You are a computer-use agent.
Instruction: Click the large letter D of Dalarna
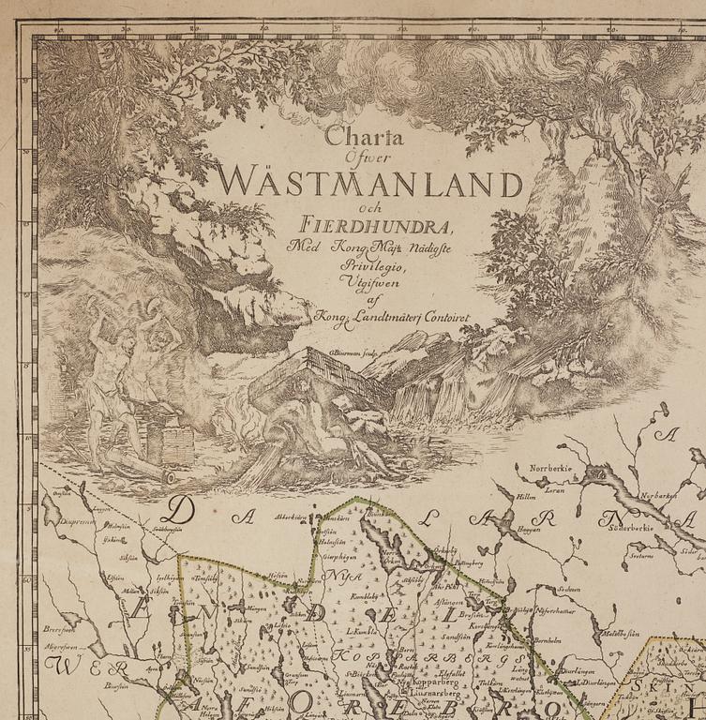coord(182,511)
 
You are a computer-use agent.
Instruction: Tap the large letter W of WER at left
coord(61,667)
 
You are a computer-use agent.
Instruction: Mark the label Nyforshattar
coord(554,610)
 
